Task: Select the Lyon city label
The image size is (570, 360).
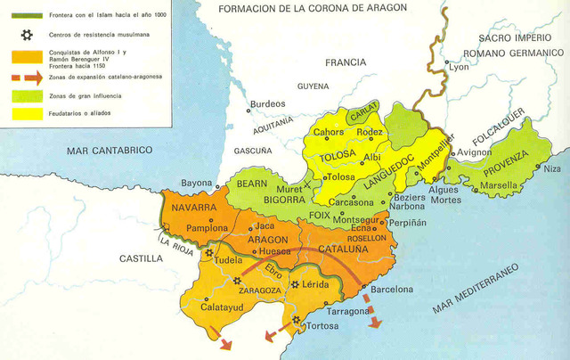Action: (x=460, y=68)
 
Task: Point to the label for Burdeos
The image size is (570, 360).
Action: (x=267, y=104)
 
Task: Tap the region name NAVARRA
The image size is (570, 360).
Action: (x=189, y=208)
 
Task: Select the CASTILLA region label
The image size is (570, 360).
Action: (x=141, y=258)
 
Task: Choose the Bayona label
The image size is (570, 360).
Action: (x=196, y=184)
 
